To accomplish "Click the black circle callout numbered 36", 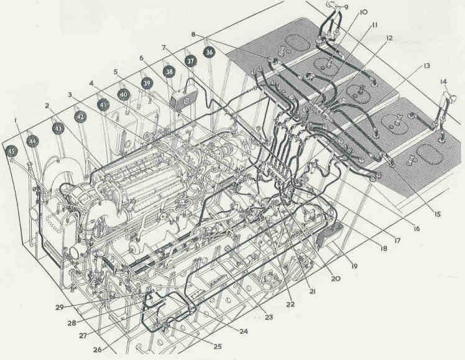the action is click(209, 52).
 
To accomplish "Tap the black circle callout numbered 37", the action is click(191, 62).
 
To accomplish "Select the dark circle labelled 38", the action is click(169, 72).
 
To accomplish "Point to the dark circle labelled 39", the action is click(147, 83).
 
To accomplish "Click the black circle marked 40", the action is click(124, 95).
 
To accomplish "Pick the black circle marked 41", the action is click(103, 105).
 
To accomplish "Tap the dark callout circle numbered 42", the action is click(80, 116).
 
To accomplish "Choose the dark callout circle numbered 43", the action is click(58, 129).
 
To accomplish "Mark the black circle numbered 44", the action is click(32, 142).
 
